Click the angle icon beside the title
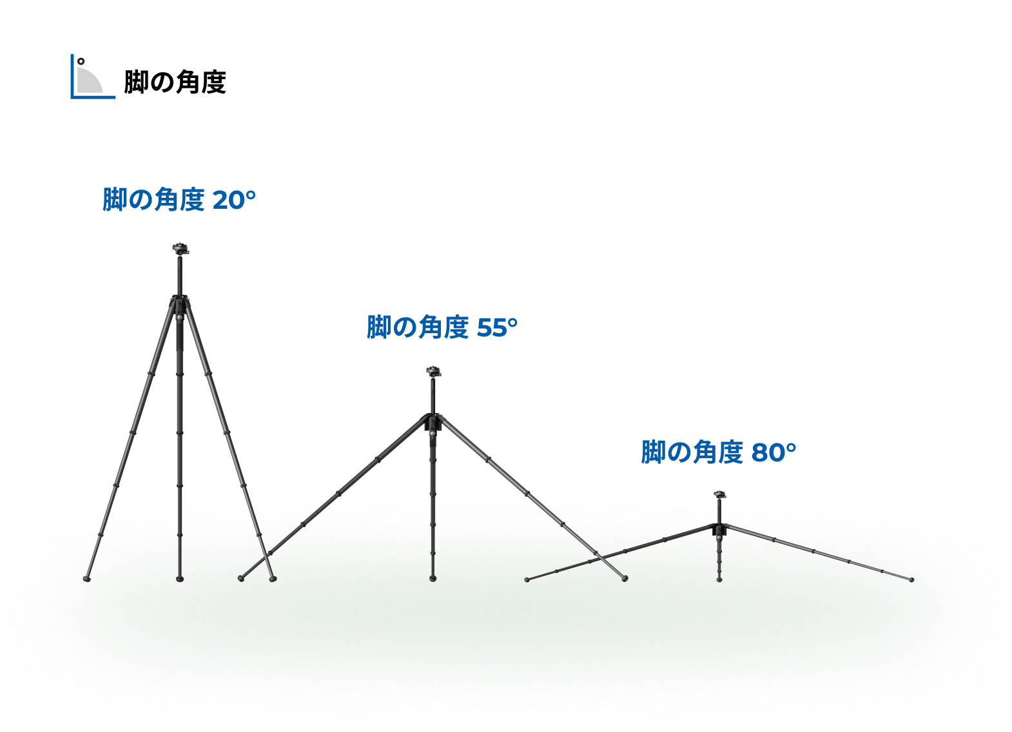coord(93,76)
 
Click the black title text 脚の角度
coord(175,82)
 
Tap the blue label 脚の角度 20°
coord(179,200)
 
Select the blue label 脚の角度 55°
coord(442,327)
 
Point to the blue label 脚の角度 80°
coord(718,452)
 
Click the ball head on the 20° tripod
coord(180,248)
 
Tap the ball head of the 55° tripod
coord(434,372)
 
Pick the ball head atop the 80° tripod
coord(720,494)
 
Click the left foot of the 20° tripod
coord(87,579)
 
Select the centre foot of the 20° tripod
coord(180,579)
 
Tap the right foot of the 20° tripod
coord(273,579)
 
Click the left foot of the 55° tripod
coord(241,579)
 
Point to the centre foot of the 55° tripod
coord(433,579)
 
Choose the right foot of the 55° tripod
coord(625,579)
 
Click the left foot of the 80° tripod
coord(527,580)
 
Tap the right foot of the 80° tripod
coord(911,580)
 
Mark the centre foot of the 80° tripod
coord(719,580)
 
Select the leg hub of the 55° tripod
coord(434,423)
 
